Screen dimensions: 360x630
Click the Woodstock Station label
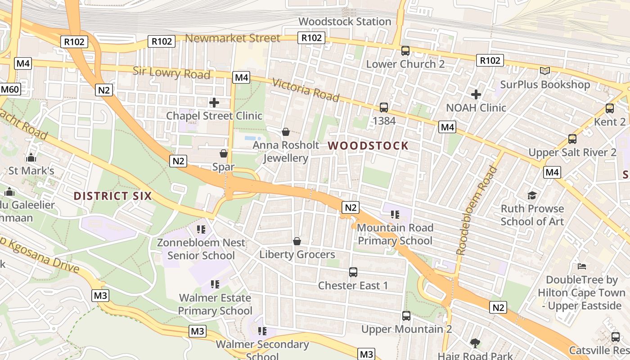345,22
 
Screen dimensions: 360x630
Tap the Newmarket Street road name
233,38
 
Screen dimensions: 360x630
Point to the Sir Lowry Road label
171,72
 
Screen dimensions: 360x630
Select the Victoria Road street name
306,90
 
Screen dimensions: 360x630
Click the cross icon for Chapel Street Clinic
214,103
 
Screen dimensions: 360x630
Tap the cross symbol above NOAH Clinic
476,94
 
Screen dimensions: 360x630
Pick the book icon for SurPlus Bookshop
545,71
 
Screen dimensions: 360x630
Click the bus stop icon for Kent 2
610,108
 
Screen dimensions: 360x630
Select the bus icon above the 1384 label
384,107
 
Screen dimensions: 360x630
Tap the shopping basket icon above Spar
224,153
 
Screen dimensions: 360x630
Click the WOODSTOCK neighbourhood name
368,146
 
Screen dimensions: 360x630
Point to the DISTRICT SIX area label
112,196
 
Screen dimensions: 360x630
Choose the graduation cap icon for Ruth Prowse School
532,195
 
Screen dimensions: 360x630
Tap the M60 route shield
9,89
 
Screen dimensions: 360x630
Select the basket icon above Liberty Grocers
297,241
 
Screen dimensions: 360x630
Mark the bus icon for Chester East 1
353,272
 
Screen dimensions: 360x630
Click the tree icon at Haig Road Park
475,343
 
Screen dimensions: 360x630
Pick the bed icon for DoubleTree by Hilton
582,266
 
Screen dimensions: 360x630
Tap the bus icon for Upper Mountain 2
406,316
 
